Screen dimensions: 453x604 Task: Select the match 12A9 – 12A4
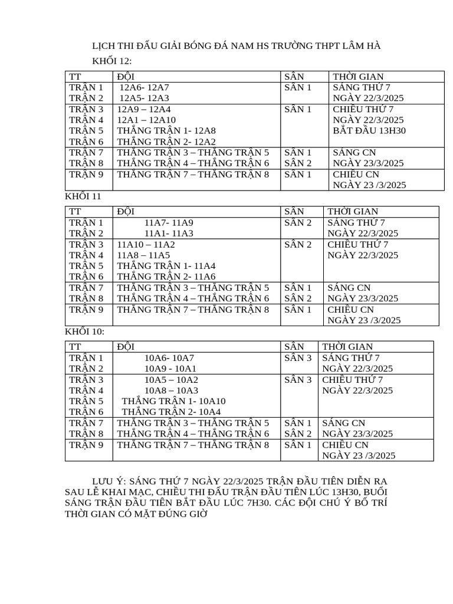click(144, 109)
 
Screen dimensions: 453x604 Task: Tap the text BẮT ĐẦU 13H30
click(369, 130)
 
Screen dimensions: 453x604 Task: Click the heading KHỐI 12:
click(112, 61)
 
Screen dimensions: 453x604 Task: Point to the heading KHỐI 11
click(83, 196)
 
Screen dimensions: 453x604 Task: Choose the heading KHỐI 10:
click(84, 331)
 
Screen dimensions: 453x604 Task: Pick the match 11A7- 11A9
click(168, 222)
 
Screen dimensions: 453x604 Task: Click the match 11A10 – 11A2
click(146, 244)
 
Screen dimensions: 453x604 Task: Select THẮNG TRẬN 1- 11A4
click(166, 265)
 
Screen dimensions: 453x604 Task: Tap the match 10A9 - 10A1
click(170, 368)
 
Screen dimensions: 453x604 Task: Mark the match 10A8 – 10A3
click(171, 390)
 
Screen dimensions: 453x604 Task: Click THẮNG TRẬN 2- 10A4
click(171, 412)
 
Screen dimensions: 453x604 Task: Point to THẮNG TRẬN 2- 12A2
click(166, 142)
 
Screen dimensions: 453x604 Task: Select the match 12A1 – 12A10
click(146, 120)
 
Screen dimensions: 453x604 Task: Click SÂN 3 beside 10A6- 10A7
click(298, 357)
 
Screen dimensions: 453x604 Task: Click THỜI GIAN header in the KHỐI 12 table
click(358, 76)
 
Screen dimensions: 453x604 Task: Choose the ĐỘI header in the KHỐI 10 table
click(126, 346)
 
